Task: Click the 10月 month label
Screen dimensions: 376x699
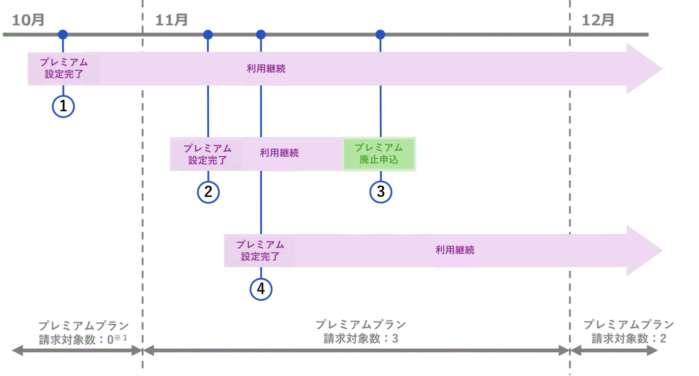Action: (28, 20)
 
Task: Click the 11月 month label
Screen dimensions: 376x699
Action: (171, 20)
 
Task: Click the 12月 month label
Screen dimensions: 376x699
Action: (598, 20)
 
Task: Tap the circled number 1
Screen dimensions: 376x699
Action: (63, 106)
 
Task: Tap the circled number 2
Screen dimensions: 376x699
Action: (208, 192)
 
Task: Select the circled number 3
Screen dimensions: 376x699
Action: (381, 192)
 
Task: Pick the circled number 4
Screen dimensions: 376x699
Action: (261, 289)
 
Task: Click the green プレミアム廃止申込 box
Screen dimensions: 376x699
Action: (379, 154)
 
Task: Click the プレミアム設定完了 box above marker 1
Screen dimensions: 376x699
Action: (64, 68)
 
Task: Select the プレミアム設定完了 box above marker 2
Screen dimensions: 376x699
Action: (208, 155)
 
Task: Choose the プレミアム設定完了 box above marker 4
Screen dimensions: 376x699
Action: (260, 251)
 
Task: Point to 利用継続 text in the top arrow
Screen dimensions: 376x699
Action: (266, 69)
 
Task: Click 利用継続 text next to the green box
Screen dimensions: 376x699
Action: (279, 153)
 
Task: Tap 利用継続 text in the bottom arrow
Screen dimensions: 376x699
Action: (455, 250)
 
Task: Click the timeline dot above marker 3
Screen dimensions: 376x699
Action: (380, 34)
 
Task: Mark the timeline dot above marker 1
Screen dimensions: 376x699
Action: (63, 34)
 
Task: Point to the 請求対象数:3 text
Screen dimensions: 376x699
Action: (361, 339)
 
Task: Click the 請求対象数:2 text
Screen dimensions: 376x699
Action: (629, 339)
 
